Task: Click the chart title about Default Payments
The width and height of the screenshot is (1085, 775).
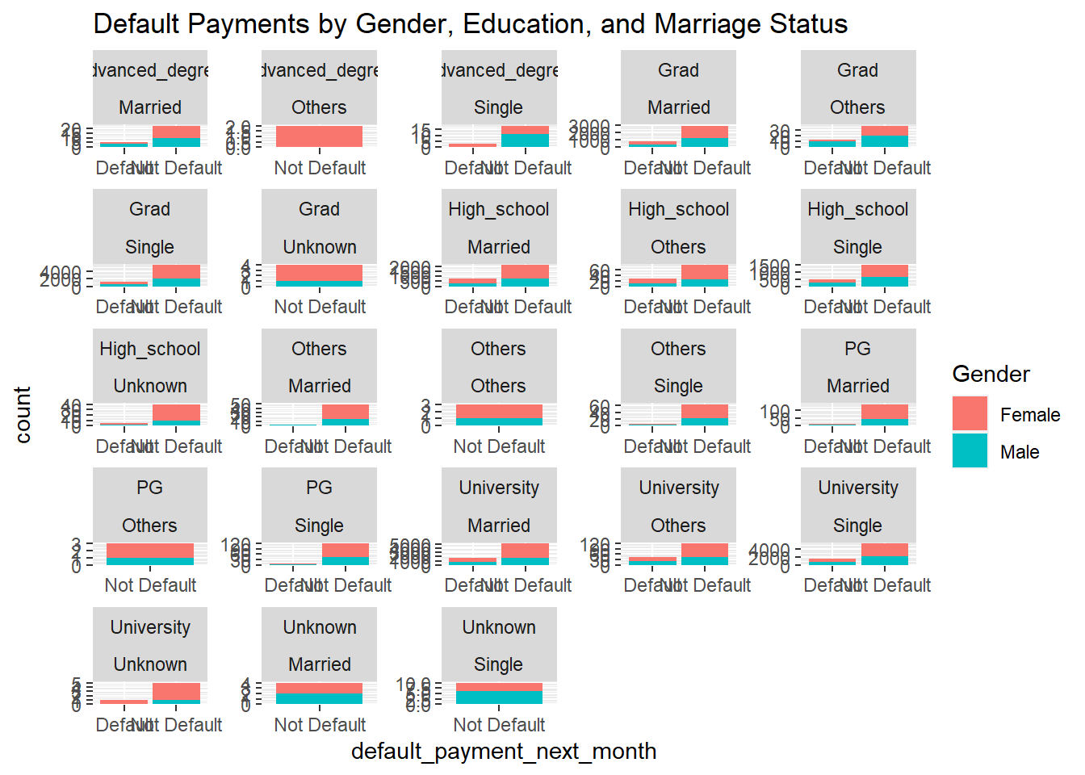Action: [x=470, y=24]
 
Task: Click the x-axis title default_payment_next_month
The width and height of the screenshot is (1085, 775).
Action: [x=503, y=752]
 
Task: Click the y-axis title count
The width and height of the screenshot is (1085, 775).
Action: [x=23, y=414]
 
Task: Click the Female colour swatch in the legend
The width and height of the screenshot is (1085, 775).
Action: [x=970, y=413]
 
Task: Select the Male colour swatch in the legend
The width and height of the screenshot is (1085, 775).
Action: [x=970, y=451]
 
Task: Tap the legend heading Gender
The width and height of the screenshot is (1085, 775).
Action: [x=991, y=374]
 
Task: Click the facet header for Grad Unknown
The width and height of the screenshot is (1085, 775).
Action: [x=319, y=228]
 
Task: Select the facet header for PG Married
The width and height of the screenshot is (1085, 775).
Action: [x=857, y=367]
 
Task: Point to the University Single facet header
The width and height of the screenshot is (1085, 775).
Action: [x=857, y=506]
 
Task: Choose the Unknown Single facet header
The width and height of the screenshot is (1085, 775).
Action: [x=499, y=645]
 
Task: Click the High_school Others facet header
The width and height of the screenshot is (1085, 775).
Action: [x=678, y=228]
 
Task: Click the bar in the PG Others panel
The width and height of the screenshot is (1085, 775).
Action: [x=150, y=554]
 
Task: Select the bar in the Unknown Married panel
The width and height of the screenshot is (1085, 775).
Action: [x=319, y=693]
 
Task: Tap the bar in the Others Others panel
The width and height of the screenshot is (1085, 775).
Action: [x=499, y=415]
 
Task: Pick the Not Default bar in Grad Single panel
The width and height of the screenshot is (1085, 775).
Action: [x=176, y=275]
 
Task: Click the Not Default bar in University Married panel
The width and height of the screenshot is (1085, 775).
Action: [x=525, y=554]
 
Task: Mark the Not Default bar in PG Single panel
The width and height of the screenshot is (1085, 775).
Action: [x=346, y=554]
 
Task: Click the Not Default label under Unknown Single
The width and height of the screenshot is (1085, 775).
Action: [x=499, y=725]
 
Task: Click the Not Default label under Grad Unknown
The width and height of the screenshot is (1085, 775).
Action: [x=320, y=307]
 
